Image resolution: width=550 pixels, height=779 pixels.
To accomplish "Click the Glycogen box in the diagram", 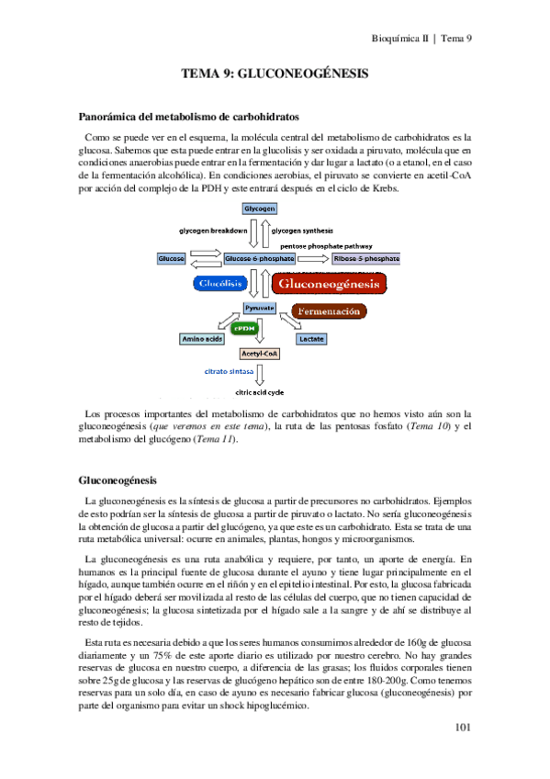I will (260, 209).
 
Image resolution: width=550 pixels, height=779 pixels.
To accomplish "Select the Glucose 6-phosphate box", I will (260, 260).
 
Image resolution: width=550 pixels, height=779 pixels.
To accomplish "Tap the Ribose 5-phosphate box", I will (366, 260).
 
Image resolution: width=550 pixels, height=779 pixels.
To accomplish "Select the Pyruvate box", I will (260, 308).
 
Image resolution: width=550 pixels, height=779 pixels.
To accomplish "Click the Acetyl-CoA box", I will (260, 354).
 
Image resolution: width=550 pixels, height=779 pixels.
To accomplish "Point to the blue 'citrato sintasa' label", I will (228, 372).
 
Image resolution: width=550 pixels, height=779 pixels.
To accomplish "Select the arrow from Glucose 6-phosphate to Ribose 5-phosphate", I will (313, 260).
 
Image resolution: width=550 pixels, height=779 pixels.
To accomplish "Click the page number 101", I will (463, 728).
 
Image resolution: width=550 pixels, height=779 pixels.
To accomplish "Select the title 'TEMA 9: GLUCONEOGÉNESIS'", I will (275, 73).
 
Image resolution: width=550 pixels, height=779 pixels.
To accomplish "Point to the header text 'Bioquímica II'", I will (399, 39).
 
